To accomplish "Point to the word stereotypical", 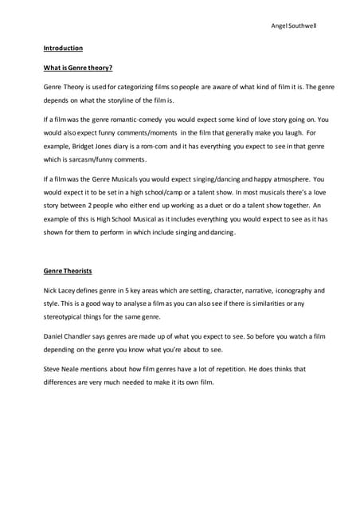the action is click(68, 317).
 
